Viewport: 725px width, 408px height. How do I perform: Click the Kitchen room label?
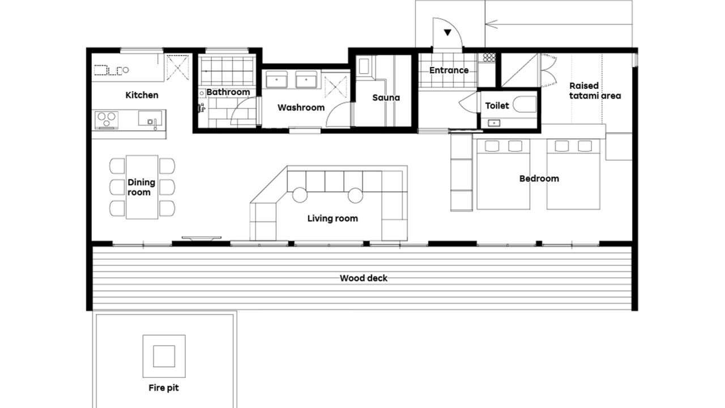click(x=142, y=95)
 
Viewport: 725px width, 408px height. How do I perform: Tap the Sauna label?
click(x=386, y=97)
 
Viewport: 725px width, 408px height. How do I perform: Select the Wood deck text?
click(x=364, y=278)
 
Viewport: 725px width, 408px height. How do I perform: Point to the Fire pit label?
click(x=164, y=388)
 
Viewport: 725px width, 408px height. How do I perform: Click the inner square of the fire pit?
click(x=164, y=356)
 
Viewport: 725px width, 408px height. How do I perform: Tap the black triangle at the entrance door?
click(x=447, y=32)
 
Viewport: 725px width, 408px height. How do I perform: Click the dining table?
click(x=142, y=187)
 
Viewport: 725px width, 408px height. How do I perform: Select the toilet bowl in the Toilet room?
click(x=524, y=104)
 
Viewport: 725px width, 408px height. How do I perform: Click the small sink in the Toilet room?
click(x=494, y=123)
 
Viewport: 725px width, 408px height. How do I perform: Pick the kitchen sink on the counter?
click(x=150, y=118)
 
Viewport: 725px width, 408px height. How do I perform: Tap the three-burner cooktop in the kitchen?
click(x=106, y=120)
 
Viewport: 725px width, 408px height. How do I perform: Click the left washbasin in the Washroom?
click(x=276, y=80)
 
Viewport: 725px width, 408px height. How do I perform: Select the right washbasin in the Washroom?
click(x=306, y=80)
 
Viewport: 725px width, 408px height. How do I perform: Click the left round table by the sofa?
click(x=300, y=195)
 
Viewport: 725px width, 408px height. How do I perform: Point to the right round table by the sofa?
click(x=355, y=195)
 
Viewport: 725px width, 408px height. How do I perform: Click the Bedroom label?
click(x=539, y=178)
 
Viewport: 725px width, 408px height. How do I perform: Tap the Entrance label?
click(x=449, y=70)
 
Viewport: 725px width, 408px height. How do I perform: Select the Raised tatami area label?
click(x=595, y=91)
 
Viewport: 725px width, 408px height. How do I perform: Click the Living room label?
click(x=332, y=219)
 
